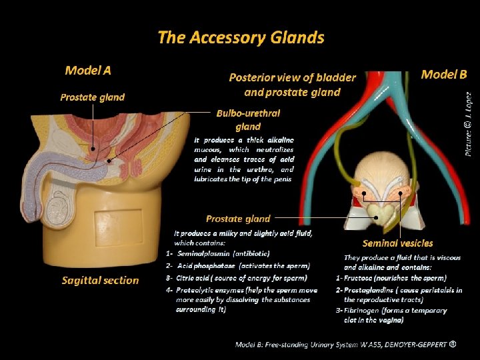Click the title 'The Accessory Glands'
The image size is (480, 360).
pos(241,37)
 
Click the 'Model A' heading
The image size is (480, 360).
pos(88,70)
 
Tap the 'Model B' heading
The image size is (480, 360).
pos(443,74)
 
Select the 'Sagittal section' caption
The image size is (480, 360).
pos(100,281)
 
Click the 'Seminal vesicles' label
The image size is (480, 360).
pos(397,243)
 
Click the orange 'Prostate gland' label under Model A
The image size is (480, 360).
pos(92,97)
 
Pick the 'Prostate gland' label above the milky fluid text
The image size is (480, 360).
pos(238,218)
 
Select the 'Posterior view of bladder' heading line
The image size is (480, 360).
pos(292,77)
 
